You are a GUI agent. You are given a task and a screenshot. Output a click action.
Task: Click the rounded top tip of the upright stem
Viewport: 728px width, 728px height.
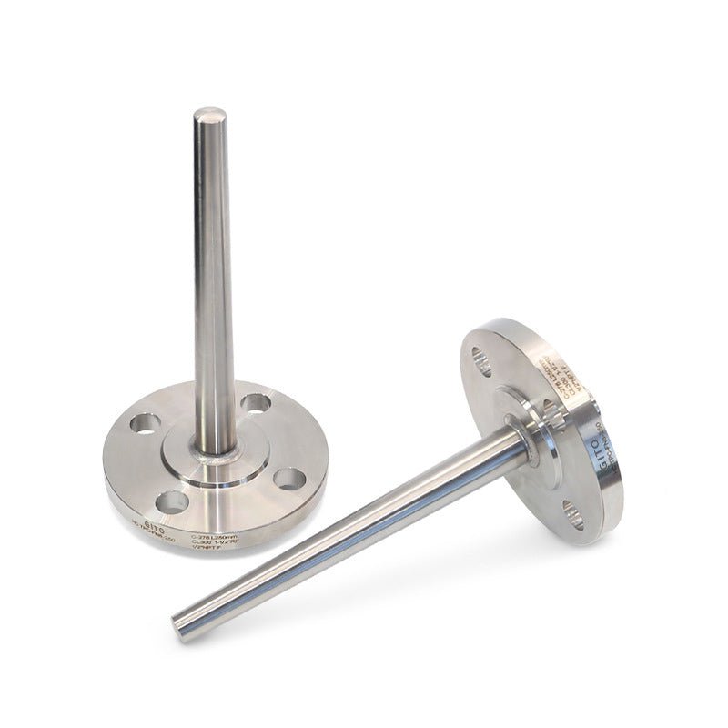point(210,117)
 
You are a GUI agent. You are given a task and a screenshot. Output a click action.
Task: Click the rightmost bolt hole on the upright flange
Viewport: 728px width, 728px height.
point(289,478)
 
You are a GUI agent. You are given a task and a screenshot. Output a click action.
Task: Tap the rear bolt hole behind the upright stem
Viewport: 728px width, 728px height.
point(257,401)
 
